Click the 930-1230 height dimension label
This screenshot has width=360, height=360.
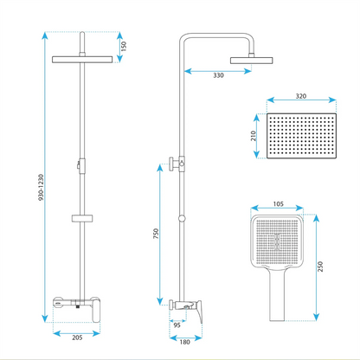pos(41,188)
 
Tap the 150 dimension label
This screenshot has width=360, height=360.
pos(124,46)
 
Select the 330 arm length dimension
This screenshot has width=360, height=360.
pos(218,75)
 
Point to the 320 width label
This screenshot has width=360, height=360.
pos(301,96)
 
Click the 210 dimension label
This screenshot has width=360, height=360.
pos(254,136)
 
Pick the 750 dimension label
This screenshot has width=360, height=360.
pos(156,234)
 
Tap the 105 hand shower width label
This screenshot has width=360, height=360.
pos(278,204)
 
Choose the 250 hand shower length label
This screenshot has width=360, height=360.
pos(320,267)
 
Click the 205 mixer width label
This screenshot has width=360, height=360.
pos(77,337)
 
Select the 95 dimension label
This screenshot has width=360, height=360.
pos(177,325)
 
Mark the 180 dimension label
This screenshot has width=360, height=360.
pos(184,342)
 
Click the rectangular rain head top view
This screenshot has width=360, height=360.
pos(302,136)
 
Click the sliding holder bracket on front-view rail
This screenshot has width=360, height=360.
pos(82,218)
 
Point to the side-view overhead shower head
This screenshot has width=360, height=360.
pos(251,61)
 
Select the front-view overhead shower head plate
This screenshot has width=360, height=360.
pos(82,60)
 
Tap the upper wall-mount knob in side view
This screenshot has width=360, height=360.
pos(171,164)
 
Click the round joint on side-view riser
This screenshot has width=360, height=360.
pos(182,219)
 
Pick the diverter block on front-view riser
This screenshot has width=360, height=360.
pos(82,166)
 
